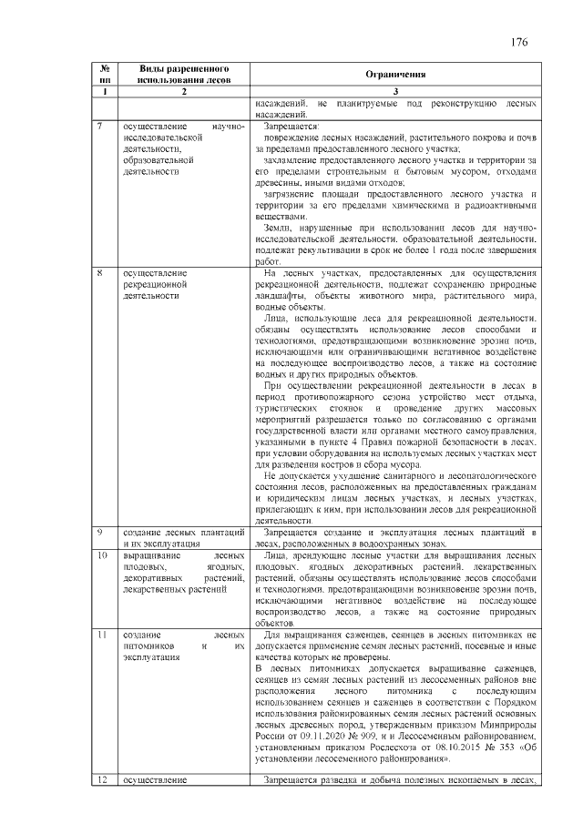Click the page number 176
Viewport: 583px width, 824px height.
(x=519, y=43)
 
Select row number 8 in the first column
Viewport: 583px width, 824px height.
(x=98, y=272)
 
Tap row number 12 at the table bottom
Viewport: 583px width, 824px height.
(x=102, y=780)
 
